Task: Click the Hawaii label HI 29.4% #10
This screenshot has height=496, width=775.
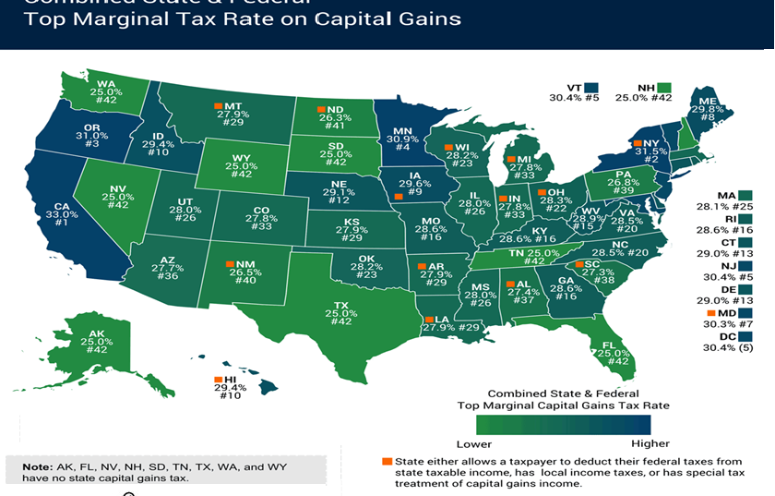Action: (x=232, y=389)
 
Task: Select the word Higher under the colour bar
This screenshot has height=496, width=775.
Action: (x=632, y=444)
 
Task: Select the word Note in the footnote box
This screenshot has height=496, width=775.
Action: (x=38, y=466)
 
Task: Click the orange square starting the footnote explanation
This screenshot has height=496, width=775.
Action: (x=386, y=460)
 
